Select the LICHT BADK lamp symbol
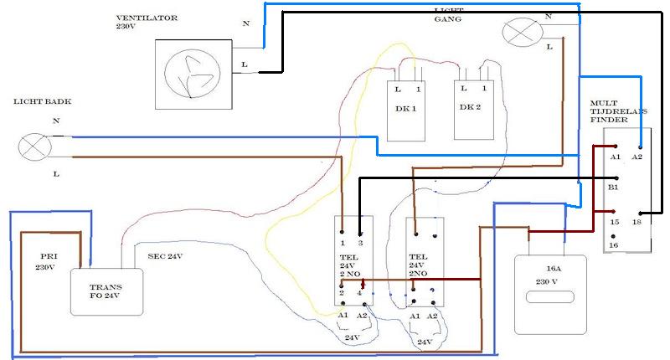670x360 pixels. [35, 148]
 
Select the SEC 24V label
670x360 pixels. [165, 256]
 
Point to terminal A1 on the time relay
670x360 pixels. [614, 157]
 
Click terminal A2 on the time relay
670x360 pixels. [637, 157]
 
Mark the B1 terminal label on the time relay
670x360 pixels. [613, 188]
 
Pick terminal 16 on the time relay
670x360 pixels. [614, 244]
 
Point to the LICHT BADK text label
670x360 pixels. [42, 101]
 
